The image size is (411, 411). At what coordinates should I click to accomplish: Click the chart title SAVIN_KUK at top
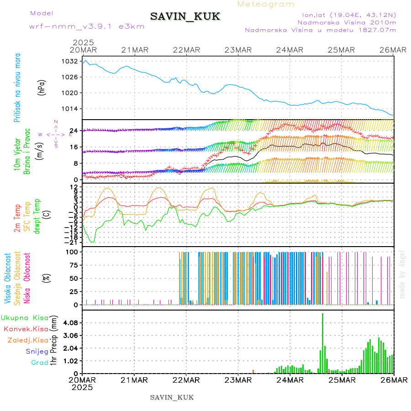pyautogui.click(x=185, y=17)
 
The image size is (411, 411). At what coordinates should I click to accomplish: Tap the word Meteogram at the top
pyautogui.click(x=266, y=4)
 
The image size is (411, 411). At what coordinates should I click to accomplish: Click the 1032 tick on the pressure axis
pyautogui.click(x=70, y=61)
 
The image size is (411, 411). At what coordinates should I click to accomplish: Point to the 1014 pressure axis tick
pyautogui.click(x=70, y=109)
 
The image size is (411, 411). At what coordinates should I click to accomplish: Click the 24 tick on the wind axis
pyautogui.click(x=73, y=131)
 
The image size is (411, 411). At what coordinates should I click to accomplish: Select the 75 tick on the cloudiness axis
pyautogui.click(x=73, y=265)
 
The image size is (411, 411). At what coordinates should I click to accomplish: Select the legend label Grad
pyautogui.click(x=39, y=363)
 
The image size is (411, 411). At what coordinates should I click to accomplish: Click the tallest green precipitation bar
pyautogui.click(x=322, y=342)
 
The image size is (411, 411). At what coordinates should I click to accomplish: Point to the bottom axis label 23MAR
pyautogui.click(x=238, y=380)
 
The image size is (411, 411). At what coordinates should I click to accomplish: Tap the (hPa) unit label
pyautogui.click(x=42, y=87)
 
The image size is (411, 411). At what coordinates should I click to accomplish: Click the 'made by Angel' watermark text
pyautogui.click(x=402, y=274)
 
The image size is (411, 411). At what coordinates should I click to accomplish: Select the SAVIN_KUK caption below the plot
pyautogui.click(x=172, y=397)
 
